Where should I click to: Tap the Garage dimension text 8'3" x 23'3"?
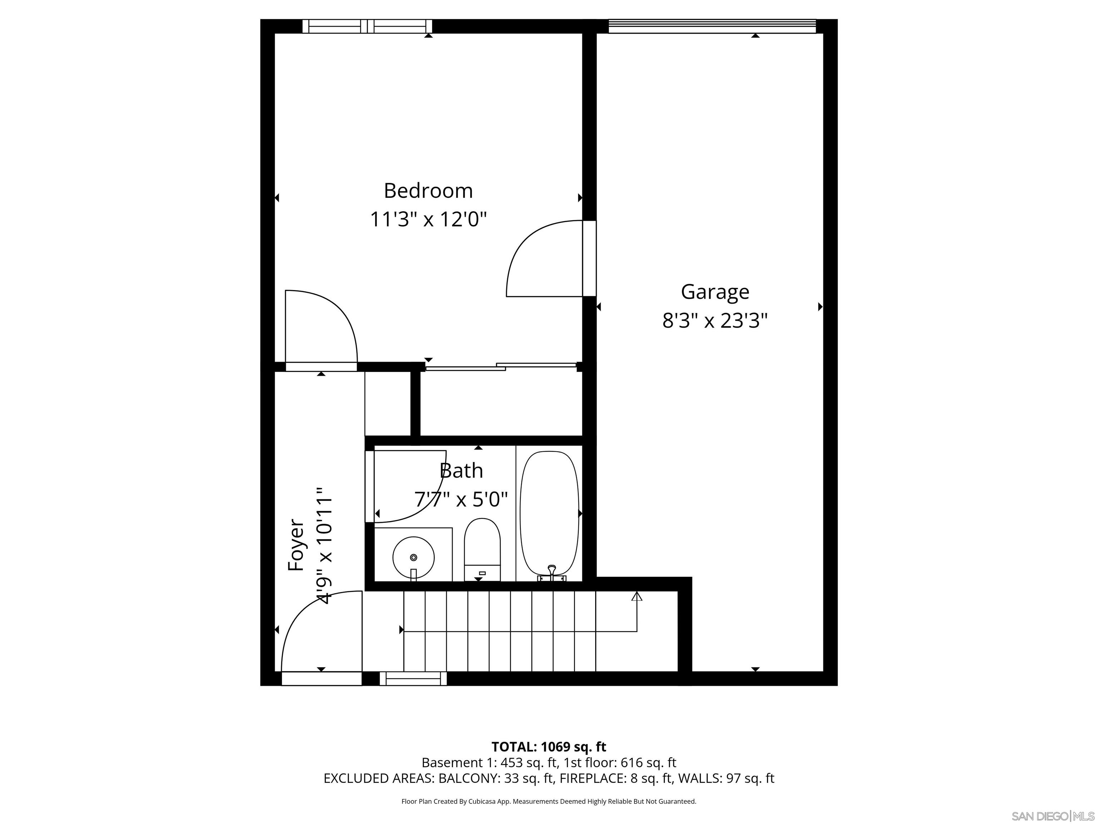point(715,321)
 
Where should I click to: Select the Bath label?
point(461,470)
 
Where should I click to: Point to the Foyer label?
point(296,545)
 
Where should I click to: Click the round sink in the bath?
point(414,557)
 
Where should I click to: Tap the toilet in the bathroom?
point(482,549)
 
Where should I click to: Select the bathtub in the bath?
point(549,511)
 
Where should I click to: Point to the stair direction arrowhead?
point(637,596)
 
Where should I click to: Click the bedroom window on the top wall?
point(367,26)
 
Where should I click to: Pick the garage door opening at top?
point(712,26)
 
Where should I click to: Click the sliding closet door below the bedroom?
point(501,367)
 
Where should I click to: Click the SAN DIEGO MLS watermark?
point(1052,816)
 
